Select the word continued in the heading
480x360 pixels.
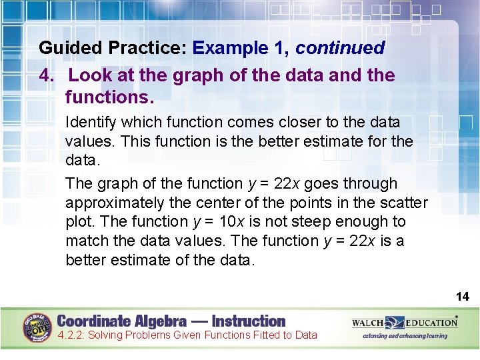point(340,48)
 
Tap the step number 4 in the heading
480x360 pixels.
point(45,75)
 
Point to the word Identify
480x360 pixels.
point(91,122)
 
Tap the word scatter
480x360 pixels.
point(401,203)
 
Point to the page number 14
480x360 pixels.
point(463,296)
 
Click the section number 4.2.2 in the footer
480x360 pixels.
point(71,335)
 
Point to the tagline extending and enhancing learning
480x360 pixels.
point(405,335)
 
